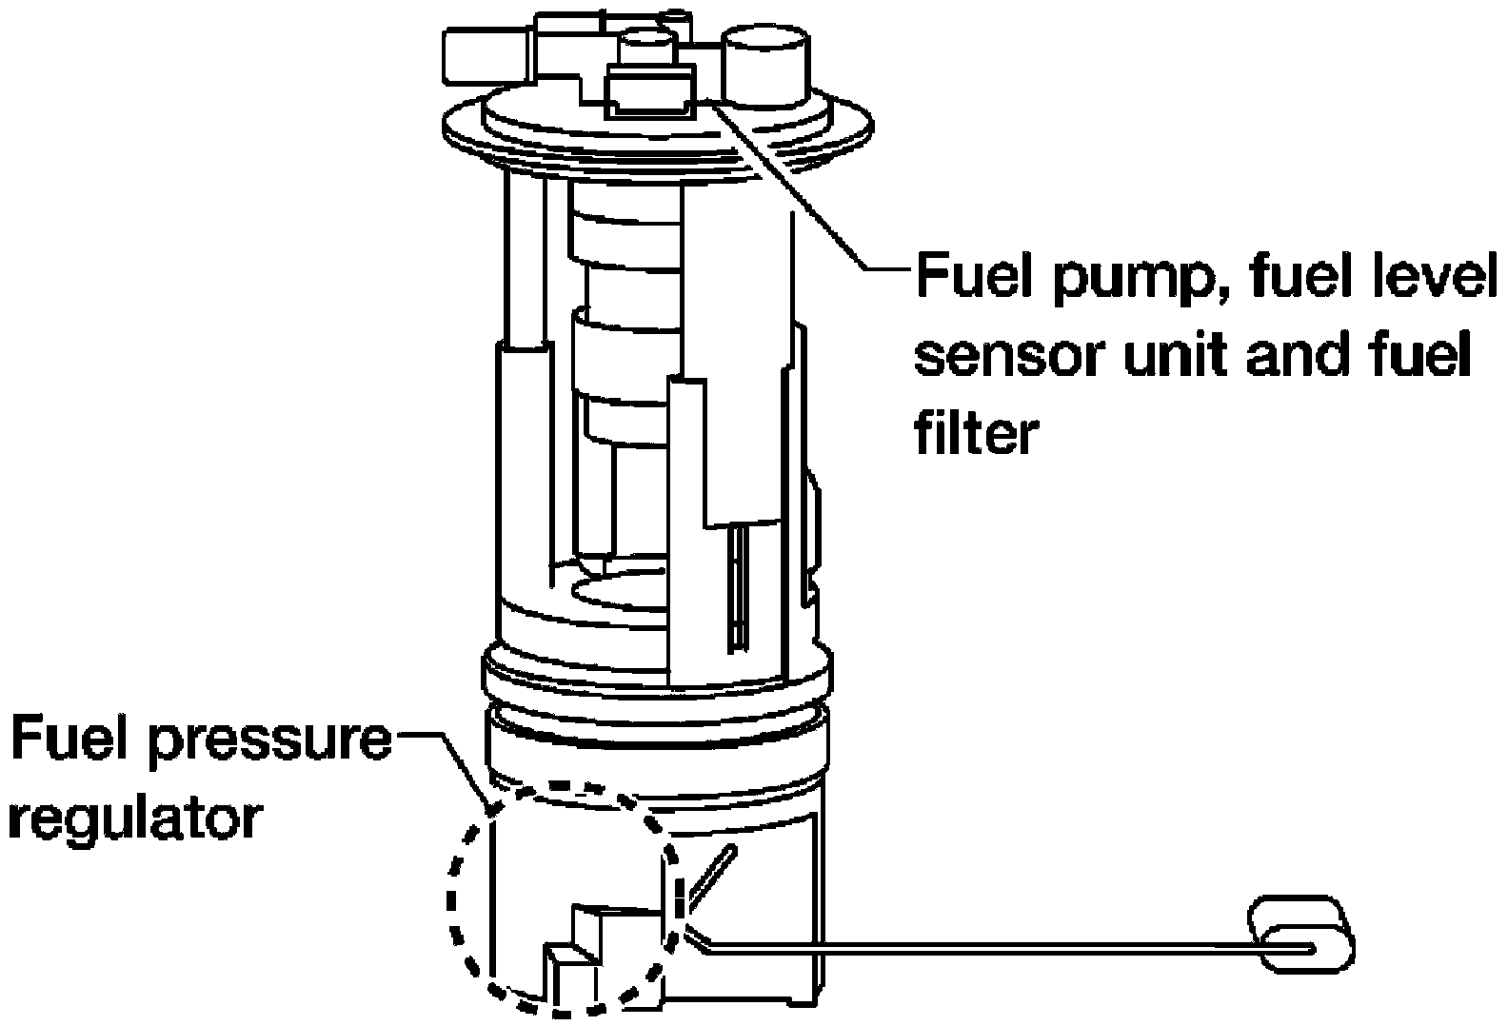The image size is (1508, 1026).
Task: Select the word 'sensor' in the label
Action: (1011, 356)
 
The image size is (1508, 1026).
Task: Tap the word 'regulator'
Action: (133, 821)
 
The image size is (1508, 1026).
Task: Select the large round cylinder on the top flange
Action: (765, 67)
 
